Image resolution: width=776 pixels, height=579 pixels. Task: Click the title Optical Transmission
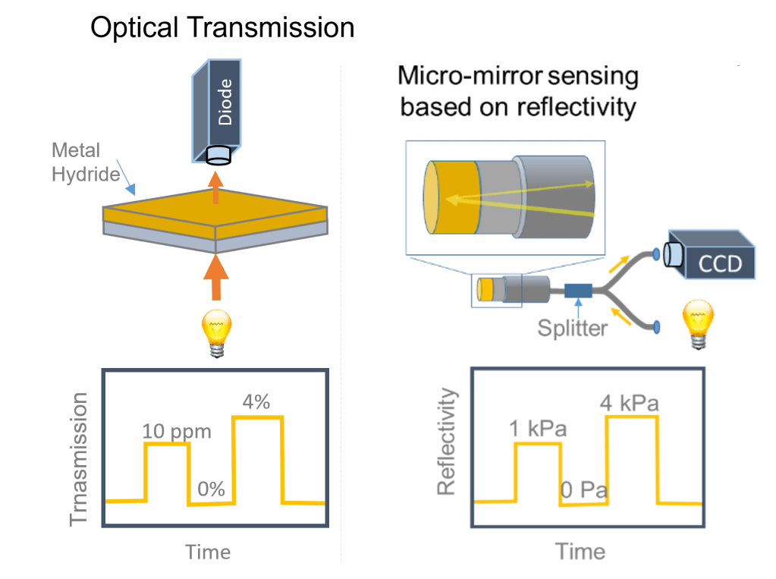[x=222, y=27]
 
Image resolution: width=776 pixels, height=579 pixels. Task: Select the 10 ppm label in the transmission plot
[x=176, y=431]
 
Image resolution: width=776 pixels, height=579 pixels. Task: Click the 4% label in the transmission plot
[x=256, y=403]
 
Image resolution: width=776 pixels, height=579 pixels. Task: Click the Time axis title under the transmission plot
[x=208, y=552]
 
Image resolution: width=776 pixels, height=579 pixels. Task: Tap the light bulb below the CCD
[x=699, y=323]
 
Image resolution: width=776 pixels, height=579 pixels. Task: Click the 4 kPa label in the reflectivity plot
[x=628, y=403]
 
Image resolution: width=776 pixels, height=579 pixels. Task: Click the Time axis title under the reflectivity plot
[x=580, y=552]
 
